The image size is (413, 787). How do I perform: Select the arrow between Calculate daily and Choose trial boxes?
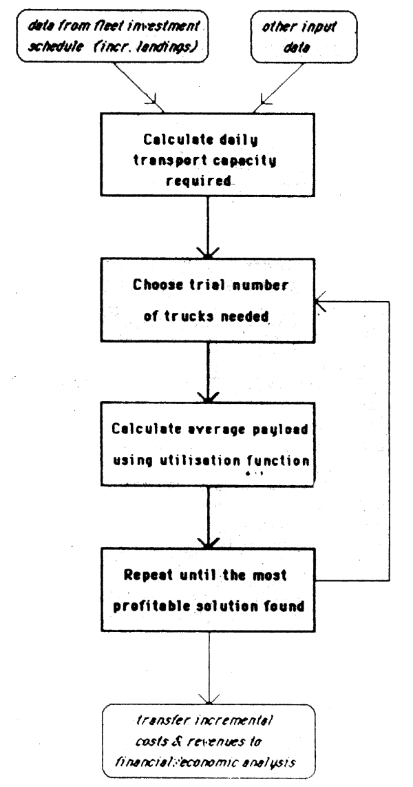point(206,227)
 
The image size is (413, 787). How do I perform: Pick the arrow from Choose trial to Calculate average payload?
point(206,372)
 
